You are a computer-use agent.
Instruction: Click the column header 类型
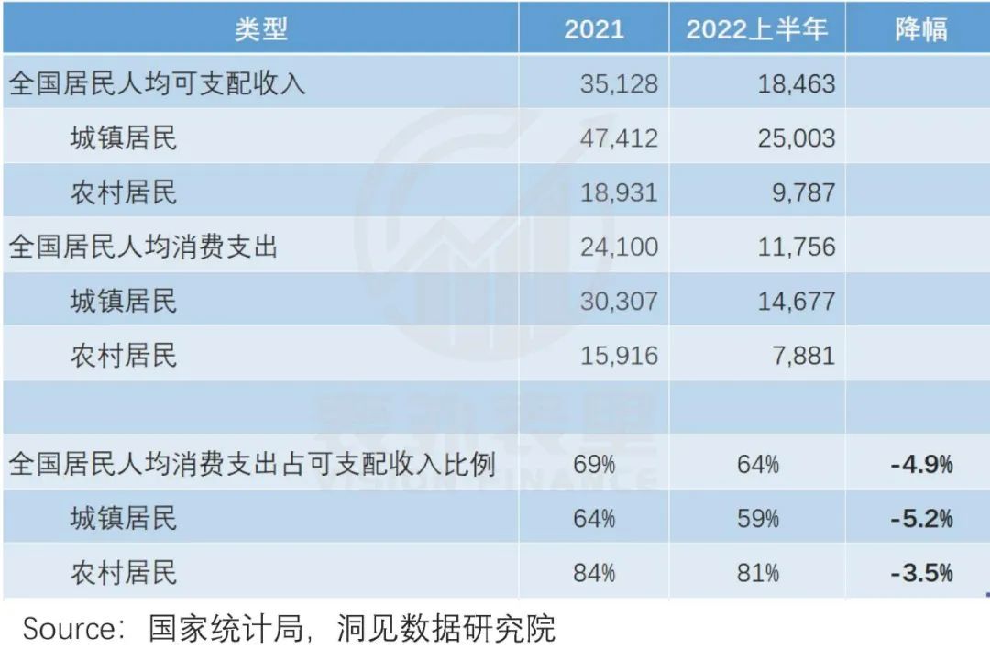pyautogui.click(x=261, y=29)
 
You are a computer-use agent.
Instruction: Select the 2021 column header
pyautogui.click(x=593, y=29)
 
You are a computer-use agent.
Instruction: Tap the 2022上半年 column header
pyautogui.click(x=757, y=29)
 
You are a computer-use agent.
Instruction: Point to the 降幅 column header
pyautogui.click(x=920, y=29)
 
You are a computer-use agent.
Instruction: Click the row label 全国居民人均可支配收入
pyautogui.click(x=157, y=84)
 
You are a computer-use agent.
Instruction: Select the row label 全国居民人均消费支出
pyautogui.click(x=143, y=247)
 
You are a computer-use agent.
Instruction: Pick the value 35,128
pyautogui.click(x=619, y=84)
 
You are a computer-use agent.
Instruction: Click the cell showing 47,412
pyautogui.click(x=619, y=138)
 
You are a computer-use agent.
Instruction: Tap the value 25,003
pyautogui.click(x=797, y=138)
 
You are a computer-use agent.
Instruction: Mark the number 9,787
pyautogui.click(x=805, y=192)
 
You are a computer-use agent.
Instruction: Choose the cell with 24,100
pyautogui.click(x=619, y=247)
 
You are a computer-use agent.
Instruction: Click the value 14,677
pyautogui.click(x=797, y=301)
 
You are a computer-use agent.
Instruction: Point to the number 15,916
pyautogui.click(x=619, y=355)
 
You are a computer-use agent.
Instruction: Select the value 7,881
pyautogui.click(x=805, y=355)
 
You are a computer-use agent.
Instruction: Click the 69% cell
pyautogui.click(x=594, y=464)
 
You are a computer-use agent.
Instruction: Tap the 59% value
pyautogui.click(x=758, y=519)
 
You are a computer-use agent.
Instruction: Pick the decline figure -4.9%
pyautogui.click(x=921, y=464)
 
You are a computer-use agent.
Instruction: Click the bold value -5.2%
pyautogui.click(x=921, y=519)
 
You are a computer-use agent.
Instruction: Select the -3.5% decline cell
pyautogui.click(x=921, y=573)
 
